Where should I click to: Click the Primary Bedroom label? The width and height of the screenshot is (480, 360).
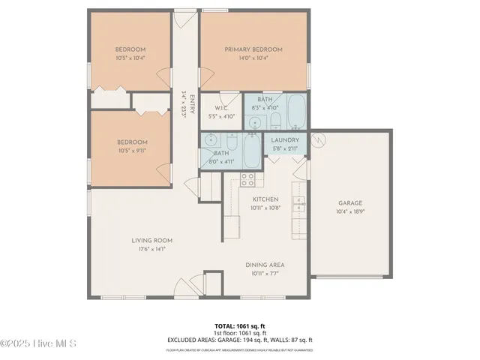point(254,49)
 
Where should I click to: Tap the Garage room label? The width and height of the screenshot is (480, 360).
point(349,203)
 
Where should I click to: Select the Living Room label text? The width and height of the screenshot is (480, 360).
point(147,241)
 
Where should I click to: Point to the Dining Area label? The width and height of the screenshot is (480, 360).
point(265,265)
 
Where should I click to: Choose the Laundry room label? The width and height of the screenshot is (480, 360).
point(285,139)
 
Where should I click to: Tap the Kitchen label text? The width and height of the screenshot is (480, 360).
point(265,199)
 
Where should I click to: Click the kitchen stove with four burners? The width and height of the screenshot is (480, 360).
point(247,179)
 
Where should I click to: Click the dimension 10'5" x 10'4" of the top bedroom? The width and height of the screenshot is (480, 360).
point(130,57)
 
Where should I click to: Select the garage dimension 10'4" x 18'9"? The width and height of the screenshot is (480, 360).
point(349,211)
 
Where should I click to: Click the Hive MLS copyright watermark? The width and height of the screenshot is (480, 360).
point(39,344)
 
